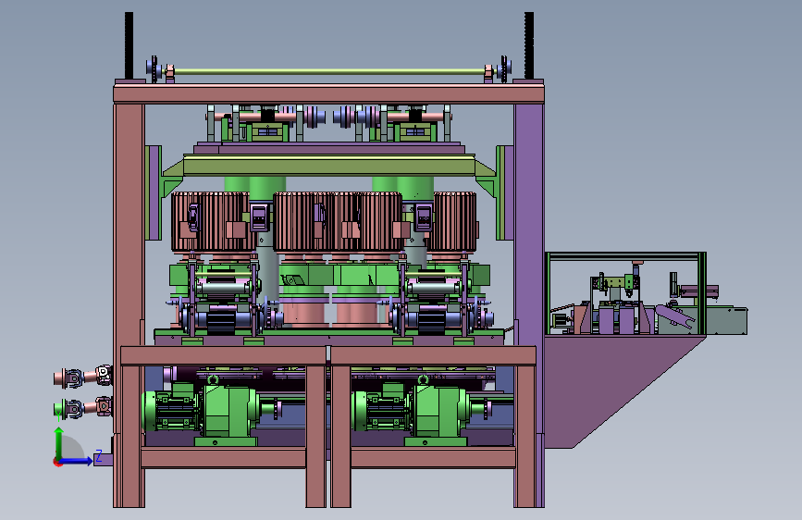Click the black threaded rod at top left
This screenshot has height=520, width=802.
click(x=129, y=45)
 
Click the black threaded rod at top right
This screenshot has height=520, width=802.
click(x=529, y=45)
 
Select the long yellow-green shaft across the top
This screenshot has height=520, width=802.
click(x=329, y=72)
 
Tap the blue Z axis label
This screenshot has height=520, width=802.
click(x=98, y=455)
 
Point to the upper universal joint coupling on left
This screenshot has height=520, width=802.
click(x=83, y=378)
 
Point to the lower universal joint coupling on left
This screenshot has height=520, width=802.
click(x=83, y=408)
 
